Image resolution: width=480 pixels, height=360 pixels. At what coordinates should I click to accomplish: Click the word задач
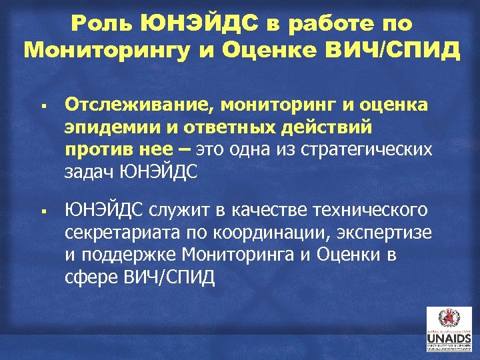(88, 171)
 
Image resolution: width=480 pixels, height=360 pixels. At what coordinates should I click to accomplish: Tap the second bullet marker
(41, 213)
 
